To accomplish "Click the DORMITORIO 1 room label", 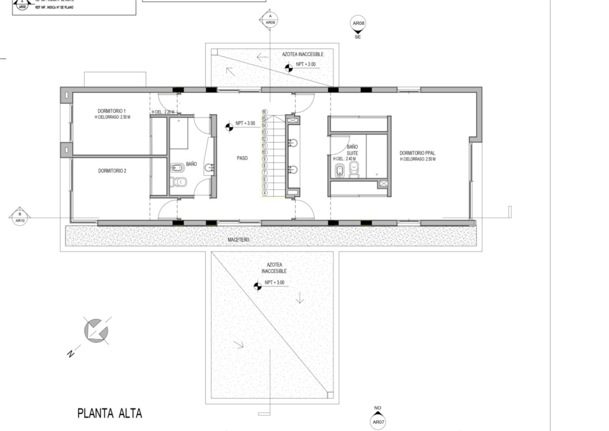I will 112,111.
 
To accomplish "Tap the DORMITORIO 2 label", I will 112,171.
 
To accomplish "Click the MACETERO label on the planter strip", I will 239,239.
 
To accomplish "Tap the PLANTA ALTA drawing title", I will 110,413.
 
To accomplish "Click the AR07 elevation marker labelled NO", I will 378,422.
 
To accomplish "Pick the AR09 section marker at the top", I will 270,20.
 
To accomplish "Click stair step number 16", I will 265,112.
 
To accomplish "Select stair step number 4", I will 265,193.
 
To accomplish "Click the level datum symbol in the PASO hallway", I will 228,125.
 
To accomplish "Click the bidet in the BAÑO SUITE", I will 339,171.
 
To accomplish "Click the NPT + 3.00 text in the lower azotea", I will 274,283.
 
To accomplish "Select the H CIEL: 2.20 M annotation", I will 163,112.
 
